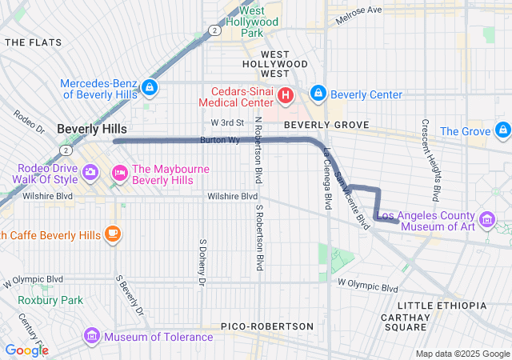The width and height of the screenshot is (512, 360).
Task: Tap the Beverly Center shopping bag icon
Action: click(318, 94)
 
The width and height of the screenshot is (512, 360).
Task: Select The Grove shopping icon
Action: click(502, 130)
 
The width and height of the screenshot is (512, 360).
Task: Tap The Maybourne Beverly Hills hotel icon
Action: click(120, 172)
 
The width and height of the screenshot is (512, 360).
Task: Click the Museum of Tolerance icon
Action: click(90, 336)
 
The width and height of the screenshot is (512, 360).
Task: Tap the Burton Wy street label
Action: click(219, 140)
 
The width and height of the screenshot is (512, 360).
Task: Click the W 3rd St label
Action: click(226, 122)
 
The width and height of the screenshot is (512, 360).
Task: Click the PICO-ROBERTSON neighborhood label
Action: click(267, 326)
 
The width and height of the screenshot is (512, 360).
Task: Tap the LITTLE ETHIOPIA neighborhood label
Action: click(442, 306)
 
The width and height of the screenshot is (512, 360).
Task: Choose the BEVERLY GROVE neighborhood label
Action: click(326, 125)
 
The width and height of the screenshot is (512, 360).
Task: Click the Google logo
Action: click(26, 350)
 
